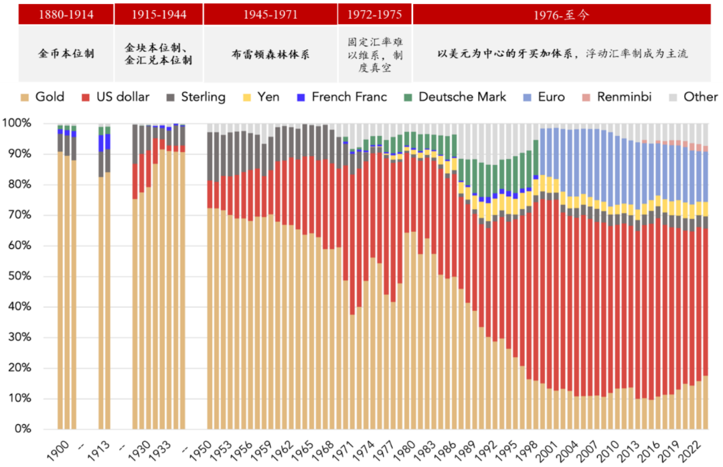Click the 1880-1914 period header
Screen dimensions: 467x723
66,14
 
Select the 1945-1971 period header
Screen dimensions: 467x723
270,14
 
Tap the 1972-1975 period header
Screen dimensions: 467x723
374,14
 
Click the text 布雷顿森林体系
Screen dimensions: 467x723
270,54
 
